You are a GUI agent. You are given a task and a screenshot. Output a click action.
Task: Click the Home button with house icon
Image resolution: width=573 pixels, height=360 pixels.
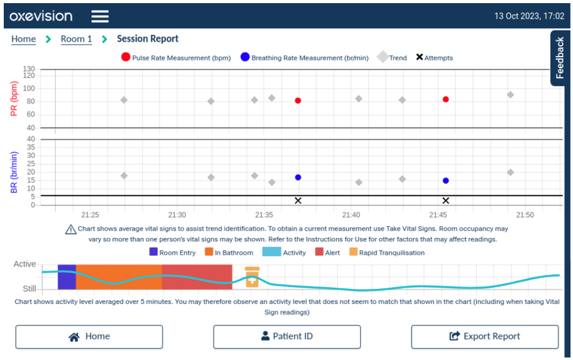89,336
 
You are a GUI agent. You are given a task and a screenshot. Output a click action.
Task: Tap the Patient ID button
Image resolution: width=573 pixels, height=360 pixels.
286,336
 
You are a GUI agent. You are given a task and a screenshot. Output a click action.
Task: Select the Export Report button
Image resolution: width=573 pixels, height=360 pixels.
484,336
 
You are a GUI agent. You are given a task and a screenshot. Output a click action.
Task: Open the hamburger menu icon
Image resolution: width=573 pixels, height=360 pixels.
100,16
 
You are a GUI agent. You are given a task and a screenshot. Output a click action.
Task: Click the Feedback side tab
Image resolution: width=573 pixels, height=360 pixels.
560,58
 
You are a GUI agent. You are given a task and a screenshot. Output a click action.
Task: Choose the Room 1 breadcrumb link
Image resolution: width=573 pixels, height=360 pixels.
76,39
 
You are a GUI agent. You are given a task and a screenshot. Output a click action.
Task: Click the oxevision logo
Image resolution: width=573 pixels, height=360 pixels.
41,16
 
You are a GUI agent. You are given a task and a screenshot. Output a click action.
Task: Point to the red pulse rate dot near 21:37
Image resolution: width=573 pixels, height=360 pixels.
298,101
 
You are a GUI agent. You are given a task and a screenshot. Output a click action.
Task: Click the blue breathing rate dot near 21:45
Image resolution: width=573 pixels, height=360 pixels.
445,180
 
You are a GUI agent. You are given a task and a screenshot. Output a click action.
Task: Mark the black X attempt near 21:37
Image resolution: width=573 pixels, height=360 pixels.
298,200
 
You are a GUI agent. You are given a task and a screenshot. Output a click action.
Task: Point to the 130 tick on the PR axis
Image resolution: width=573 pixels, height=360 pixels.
29,69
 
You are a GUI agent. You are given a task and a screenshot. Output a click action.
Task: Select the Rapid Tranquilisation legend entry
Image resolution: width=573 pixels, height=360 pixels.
386,253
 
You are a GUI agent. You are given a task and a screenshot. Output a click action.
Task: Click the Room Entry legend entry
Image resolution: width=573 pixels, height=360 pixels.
172,253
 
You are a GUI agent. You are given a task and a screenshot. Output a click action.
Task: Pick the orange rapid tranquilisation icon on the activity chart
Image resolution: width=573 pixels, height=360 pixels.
252,277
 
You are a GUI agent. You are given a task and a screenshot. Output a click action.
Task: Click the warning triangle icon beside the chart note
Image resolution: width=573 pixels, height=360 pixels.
70,229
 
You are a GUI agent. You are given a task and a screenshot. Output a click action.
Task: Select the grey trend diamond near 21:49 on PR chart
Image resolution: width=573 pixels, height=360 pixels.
510,95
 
